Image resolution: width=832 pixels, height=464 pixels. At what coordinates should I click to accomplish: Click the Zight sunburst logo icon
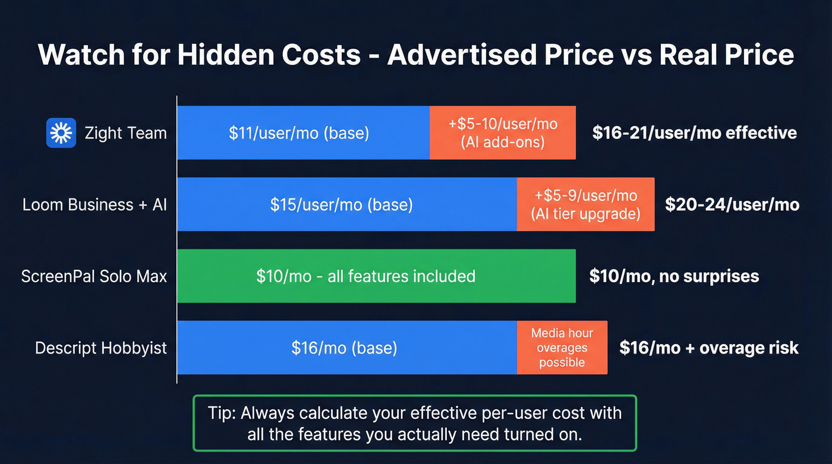point(61,132)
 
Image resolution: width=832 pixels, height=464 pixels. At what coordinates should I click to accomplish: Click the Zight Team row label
point(125,132)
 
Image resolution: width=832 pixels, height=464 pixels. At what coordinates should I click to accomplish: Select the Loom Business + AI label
point(94,205)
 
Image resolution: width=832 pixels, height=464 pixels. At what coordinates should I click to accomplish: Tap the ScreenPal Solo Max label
point(94,276)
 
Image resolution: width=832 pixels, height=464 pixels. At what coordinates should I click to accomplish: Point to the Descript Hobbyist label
point(101,348)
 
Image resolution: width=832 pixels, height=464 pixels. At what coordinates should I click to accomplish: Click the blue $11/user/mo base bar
point(303,132)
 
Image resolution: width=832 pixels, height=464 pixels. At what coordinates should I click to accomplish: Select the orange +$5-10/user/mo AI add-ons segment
point(503,132)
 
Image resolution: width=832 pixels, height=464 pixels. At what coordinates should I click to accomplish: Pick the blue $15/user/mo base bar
point(346,205)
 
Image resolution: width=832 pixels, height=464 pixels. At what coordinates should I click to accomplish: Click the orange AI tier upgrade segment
point(585,205)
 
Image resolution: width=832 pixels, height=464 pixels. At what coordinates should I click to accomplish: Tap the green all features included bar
point(376,276)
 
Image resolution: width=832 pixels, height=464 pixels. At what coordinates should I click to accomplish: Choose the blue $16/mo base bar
point(346,348)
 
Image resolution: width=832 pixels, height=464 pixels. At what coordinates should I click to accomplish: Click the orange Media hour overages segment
point(562,348)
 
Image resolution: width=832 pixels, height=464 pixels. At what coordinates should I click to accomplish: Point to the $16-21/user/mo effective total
point(694,132)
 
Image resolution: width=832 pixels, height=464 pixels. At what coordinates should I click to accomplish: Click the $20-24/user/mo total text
point(732,205)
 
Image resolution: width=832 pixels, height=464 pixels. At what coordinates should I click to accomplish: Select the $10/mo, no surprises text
point(673,276)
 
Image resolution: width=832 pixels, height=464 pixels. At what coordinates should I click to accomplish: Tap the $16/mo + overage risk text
point(708,348)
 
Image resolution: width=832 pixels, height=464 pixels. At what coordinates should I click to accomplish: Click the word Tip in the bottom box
point(219,413)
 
